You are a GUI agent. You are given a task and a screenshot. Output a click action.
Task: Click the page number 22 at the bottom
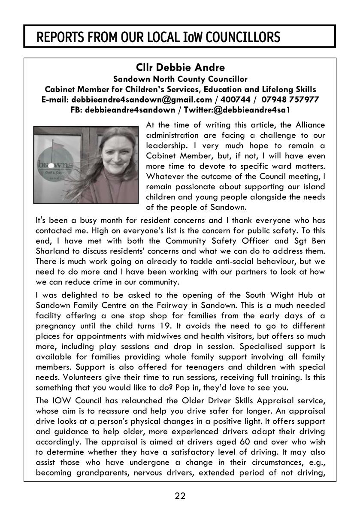pyautogui.click(x=180, y=496)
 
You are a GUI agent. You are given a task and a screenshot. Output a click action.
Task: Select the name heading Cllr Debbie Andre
pyautogui.click(x=180, y=68)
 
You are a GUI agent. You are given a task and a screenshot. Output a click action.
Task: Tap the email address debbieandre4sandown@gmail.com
pyautogui.click(x=142, y=100)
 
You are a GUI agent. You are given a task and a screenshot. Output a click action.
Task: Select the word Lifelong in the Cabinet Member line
pyautogui.click(x=275, y=89)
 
